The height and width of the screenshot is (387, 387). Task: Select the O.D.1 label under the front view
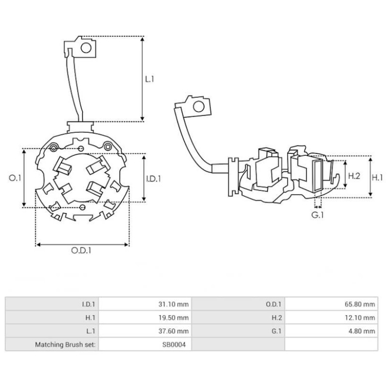click(82, 250)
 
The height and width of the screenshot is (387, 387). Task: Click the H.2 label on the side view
click(355, 176)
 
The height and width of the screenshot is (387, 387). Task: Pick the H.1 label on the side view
click(377, 178)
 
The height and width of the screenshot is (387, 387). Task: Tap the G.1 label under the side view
click(317, 214)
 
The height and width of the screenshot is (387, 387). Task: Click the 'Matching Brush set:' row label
click(65, 345)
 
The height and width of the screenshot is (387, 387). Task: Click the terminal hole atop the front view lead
click(87, 48)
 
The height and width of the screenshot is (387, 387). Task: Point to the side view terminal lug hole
click(198, 106)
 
